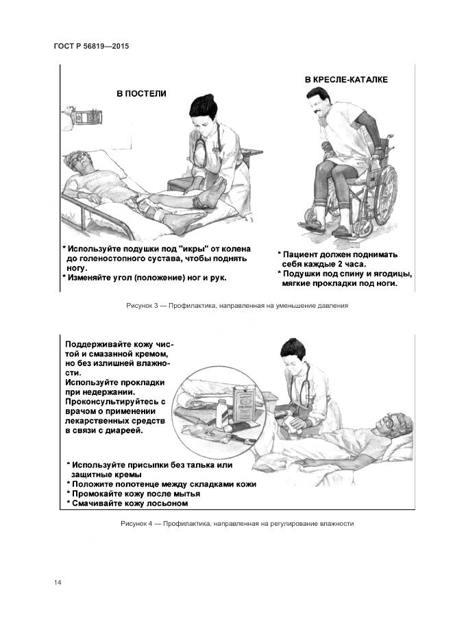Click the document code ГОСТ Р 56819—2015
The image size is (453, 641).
click(91, 47)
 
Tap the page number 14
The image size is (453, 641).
click(58, 582)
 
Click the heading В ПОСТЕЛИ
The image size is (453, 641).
click(141, 93)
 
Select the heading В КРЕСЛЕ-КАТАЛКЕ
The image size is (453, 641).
click(346, 80)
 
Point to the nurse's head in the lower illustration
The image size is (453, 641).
click(293, 353)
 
